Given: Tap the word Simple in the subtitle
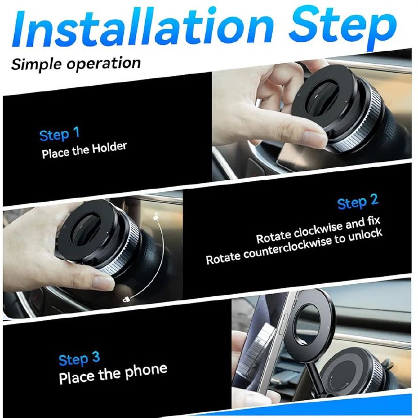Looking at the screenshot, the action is [37, 64].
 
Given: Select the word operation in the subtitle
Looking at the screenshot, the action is [103, 64].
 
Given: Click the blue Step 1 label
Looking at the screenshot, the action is [60, 134].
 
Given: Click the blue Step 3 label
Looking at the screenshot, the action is [79, 359].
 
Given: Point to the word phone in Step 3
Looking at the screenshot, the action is [146, 371].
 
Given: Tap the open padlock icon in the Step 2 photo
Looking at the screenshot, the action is [156, 216].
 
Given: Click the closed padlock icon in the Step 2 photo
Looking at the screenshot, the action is [126, 299].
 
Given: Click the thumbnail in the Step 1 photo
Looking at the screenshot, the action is [315, 137].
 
